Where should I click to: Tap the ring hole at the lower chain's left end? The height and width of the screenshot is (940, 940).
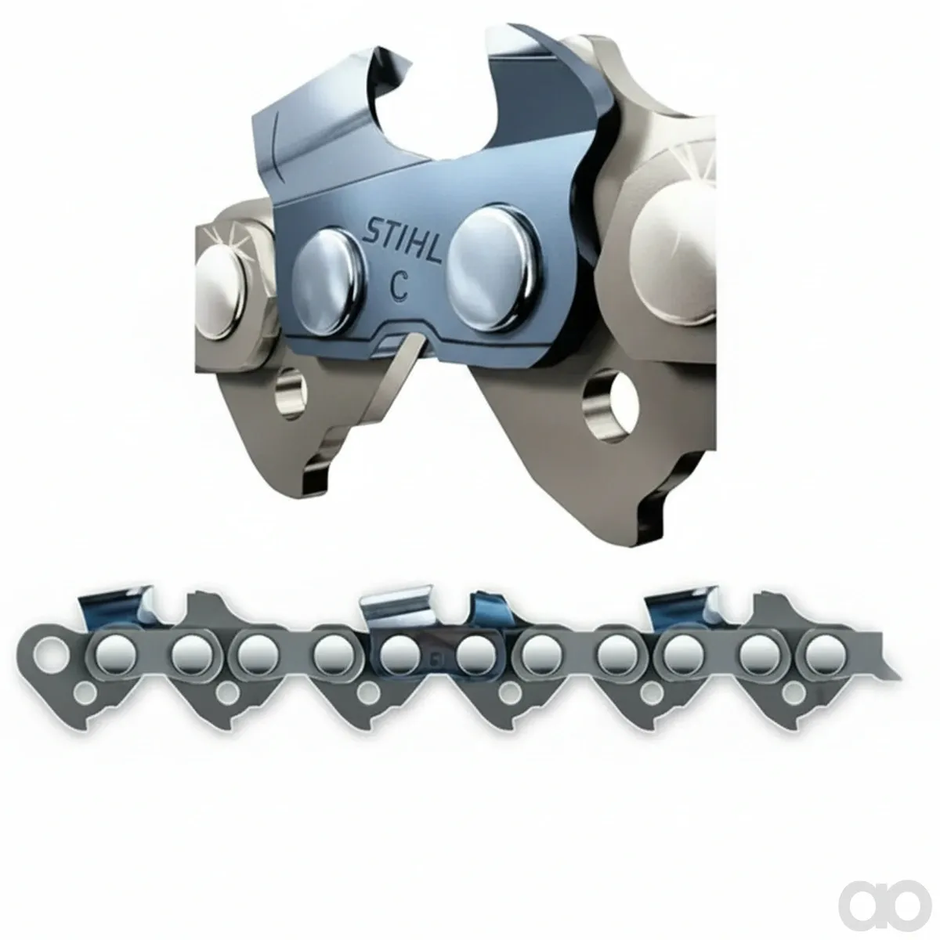point(50,651)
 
